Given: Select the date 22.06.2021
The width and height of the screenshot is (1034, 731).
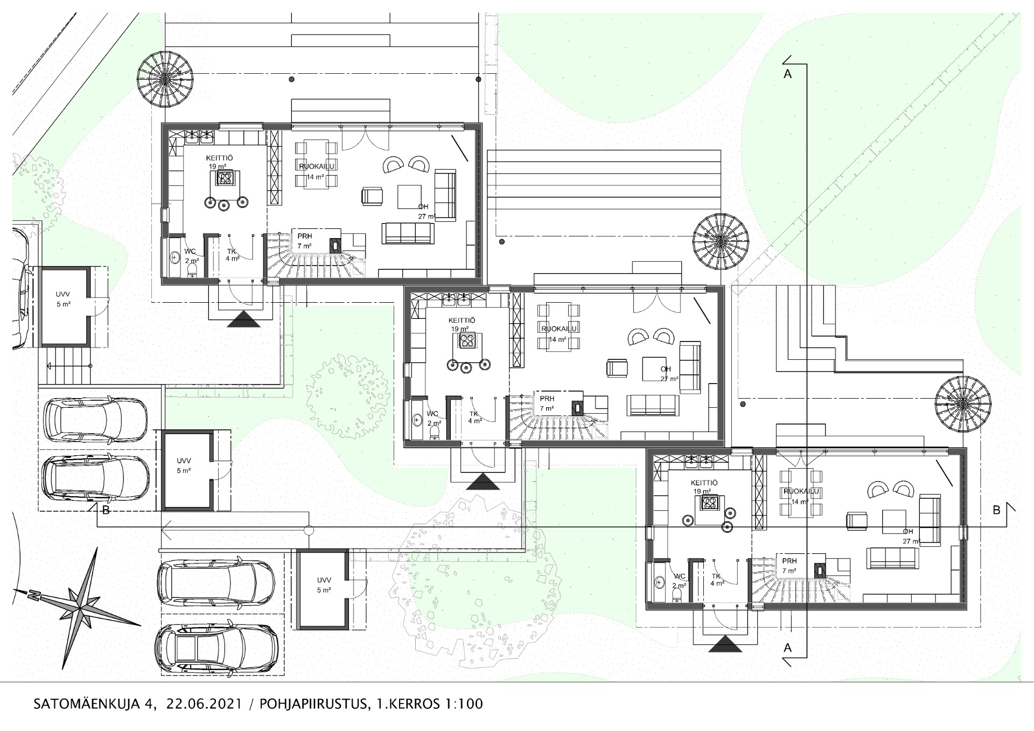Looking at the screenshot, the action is point(204,704).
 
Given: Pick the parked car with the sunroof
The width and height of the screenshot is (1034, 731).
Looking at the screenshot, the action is point(216,656).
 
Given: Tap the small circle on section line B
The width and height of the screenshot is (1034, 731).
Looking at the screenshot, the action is point(309,531).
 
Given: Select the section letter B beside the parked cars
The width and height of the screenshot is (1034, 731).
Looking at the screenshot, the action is point(106,510).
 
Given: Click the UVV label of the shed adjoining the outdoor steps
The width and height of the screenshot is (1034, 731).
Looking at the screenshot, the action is point(63,295).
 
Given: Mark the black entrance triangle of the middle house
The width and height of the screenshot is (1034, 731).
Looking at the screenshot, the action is point(483,482).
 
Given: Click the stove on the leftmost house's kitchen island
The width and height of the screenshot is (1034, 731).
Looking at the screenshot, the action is point(225,178).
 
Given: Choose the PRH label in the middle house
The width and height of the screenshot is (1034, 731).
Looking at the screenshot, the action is point(547,399).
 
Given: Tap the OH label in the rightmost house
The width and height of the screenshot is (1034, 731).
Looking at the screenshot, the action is point(908,531).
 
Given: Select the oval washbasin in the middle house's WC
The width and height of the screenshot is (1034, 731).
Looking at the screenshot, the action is point(417,419).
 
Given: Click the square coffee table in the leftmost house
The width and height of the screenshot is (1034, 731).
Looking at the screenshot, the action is point(410,197).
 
